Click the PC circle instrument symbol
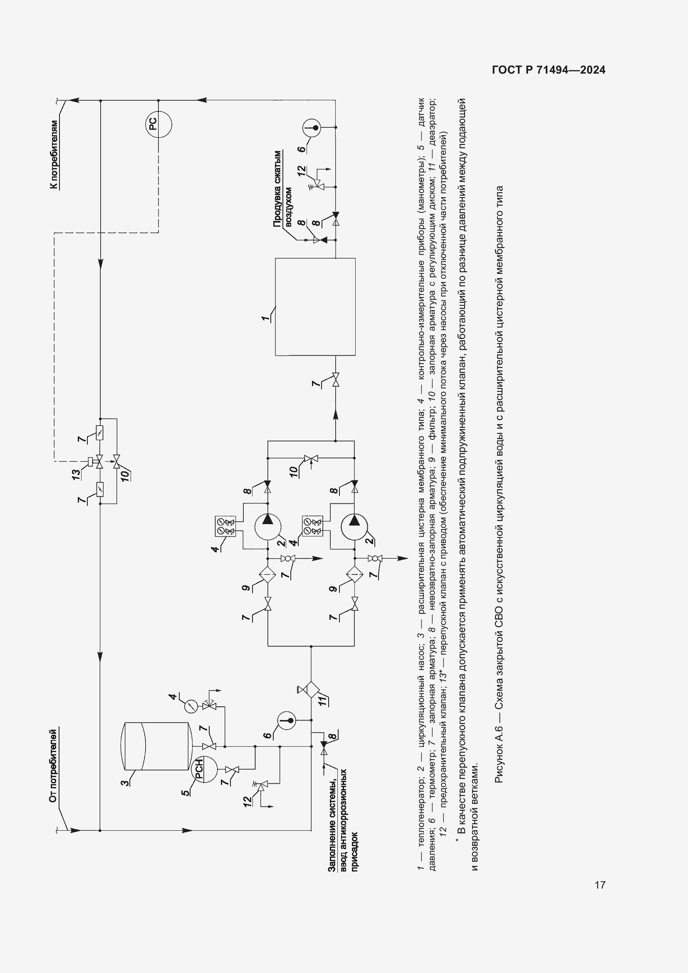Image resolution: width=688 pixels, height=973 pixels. pyautogui.click(x=159, y=124)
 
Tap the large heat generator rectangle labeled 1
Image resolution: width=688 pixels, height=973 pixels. pyautogui.click(x=315, y=307)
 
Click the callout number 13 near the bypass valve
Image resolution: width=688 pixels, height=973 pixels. pyautogui.click(x=76, y=474)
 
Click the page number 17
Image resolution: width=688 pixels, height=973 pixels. pyautogui.click(x=600, y=885)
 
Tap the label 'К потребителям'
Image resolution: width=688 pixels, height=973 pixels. pyautogui.click(x=54, y=155)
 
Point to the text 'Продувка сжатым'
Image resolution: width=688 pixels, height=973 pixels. pyautogui.click(x=277, y=188)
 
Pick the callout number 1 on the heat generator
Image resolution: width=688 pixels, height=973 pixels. pyautogui.click(x=265, y=317)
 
